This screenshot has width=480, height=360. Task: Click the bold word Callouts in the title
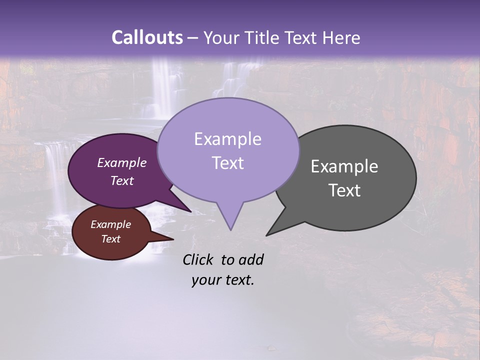point(147,37)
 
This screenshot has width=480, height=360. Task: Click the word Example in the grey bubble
point(344,166)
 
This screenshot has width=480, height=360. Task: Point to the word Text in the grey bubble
point(344,190)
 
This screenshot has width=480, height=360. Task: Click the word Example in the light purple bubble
point(227,139)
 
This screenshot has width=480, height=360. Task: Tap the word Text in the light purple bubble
point(227,163)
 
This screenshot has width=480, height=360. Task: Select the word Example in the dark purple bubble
point(121,163)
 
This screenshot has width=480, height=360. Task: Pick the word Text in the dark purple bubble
point(121,181)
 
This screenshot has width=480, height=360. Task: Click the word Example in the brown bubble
point(110,225)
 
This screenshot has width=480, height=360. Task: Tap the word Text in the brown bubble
point(110,239)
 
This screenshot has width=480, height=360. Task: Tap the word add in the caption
point(251,259)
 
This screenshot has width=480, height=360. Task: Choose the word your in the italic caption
point(205,280)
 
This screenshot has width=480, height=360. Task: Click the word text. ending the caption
point(239,280)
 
